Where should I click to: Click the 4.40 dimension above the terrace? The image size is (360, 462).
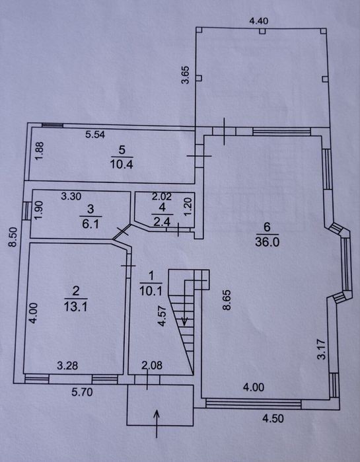(259, 21)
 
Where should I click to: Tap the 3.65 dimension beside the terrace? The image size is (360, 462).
(186, 75)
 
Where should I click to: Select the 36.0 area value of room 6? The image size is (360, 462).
(267, 242)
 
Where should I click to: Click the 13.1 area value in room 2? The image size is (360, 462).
(76, 307)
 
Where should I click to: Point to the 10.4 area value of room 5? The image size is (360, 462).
(122, 164)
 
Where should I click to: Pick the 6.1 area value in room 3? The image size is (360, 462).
(90, 224)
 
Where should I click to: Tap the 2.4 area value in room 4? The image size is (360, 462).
(162, 221)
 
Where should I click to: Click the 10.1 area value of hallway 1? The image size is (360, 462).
(151, 291)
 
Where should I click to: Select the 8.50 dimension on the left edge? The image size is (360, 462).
(13, 237)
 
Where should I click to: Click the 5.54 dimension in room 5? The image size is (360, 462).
(95, 135)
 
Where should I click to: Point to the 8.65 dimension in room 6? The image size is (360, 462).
(227, 300)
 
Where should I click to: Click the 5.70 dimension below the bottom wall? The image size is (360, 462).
(82, 392)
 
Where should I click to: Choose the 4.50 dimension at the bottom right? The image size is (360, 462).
(273, 418)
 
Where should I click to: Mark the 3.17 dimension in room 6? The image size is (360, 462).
(322, 350)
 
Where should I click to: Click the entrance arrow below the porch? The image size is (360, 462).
(157, 424)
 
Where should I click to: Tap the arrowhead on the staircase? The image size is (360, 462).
(184, 321)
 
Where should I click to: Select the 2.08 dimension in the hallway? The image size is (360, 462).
(151, 366)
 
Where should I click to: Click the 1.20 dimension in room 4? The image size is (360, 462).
(189, 206)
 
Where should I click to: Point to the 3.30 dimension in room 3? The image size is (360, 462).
(71, 196)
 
